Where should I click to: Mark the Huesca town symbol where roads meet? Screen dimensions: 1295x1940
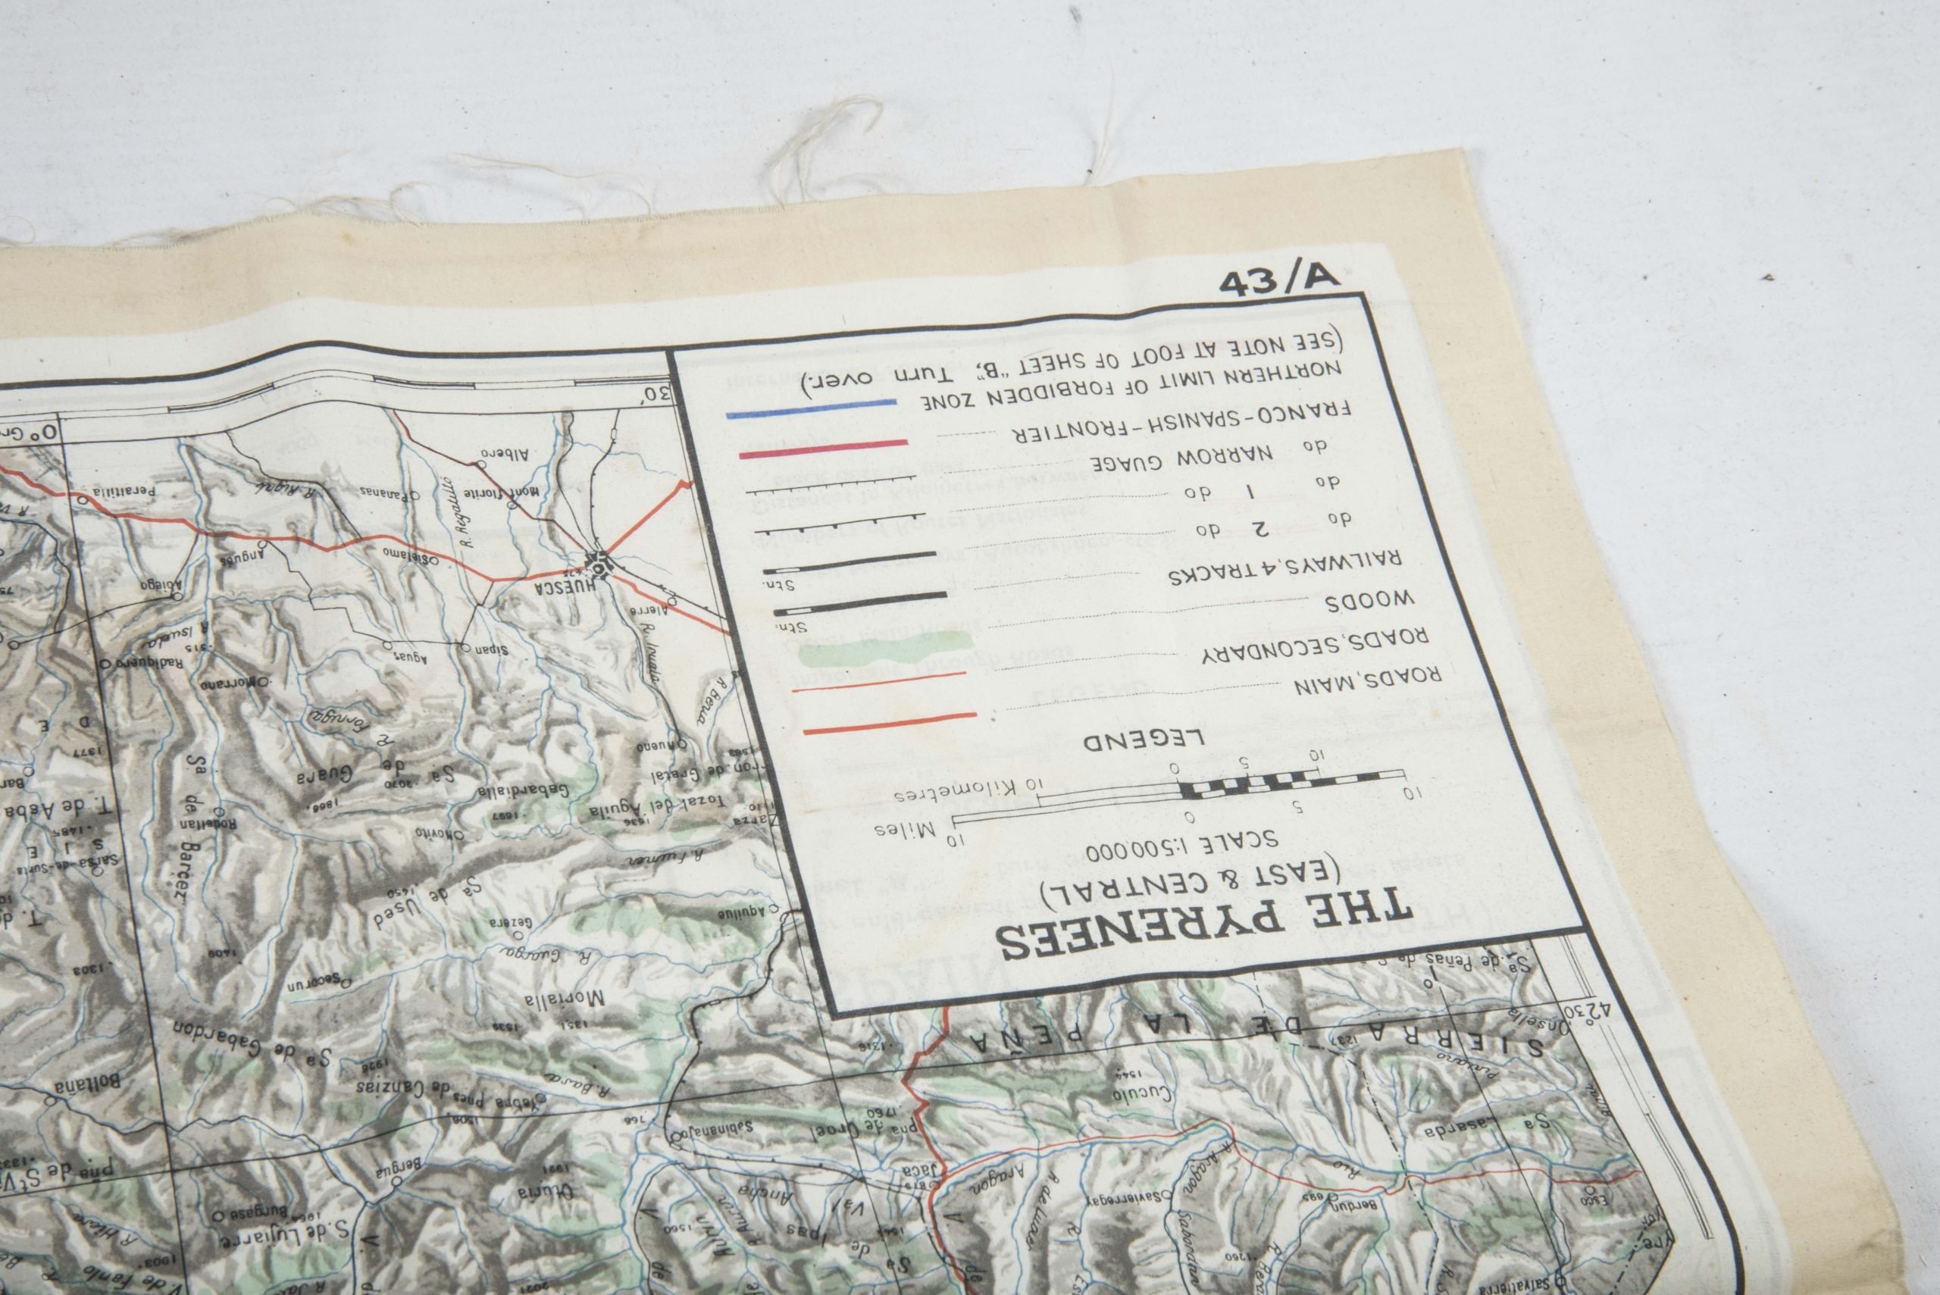pos(597,563)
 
